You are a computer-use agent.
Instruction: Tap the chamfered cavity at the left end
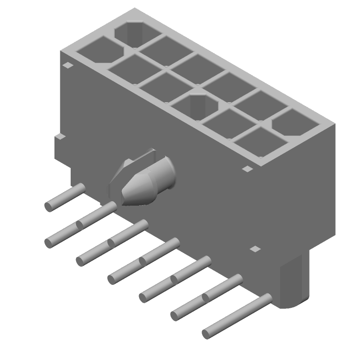point(99,51)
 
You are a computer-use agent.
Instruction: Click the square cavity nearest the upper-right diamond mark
point(260,142)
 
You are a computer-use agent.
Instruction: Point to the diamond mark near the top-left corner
point(67,65)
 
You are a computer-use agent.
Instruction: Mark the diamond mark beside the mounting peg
point(255,248)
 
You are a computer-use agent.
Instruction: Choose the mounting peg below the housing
point(295,281)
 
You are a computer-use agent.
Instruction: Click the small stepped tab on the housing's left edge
point(60,137)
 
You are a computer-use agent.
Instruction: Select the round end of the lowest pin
point(206,334)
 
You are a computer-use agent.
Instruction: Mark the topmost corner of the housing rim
point(135,9)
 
